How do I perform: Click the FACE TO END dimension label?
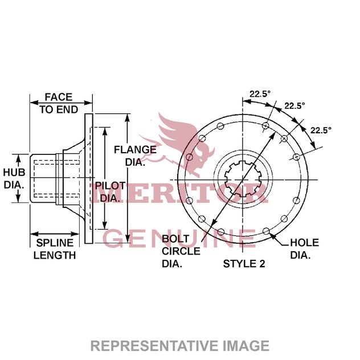[x=60, y=103]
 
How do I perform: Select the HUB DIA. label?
[x=14, y=178]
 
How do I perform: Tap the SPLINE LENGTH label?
[x=54, y=249]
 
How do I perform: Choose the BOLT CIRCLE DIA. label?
[x=181, y=251]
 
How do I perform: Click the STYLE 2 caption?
[x=244, y=264]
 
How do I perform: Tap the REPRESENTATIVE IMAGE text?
[x=180, y=345]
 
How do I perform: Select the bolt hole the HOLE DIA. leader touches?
[x=267, y=231]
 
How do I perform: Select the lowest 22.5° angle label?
[x=321, y=130]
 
